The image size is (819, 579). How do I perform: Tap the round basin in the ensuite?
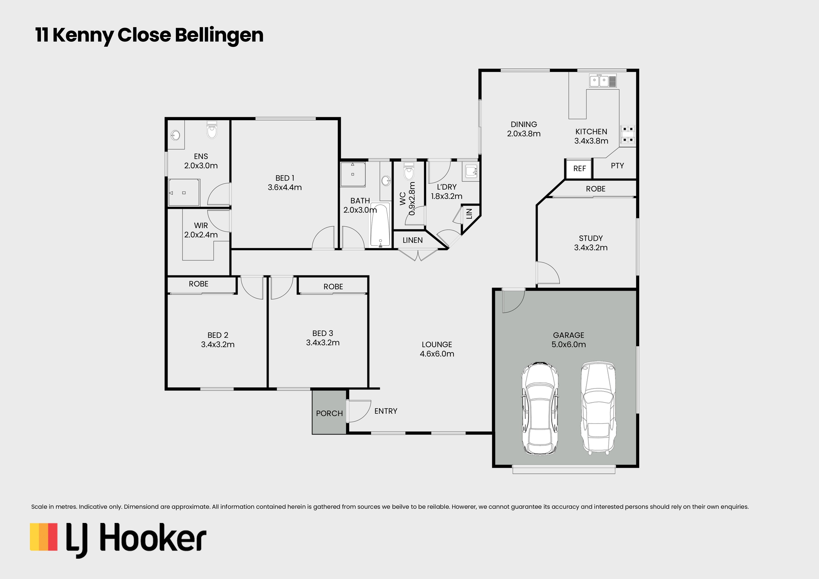175,135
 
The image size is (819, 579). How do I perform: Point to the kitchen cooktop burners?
628,134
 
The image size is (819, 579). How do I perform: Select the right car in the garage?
598,407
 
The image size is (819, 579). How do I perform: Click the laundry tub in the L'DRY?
471,172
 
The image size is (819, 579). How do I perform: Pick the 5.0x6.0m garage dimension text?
568,345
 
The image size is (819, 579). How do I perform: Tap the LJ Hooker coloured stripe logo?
43,537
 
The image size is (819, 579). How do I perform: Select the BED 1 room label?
285,178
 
